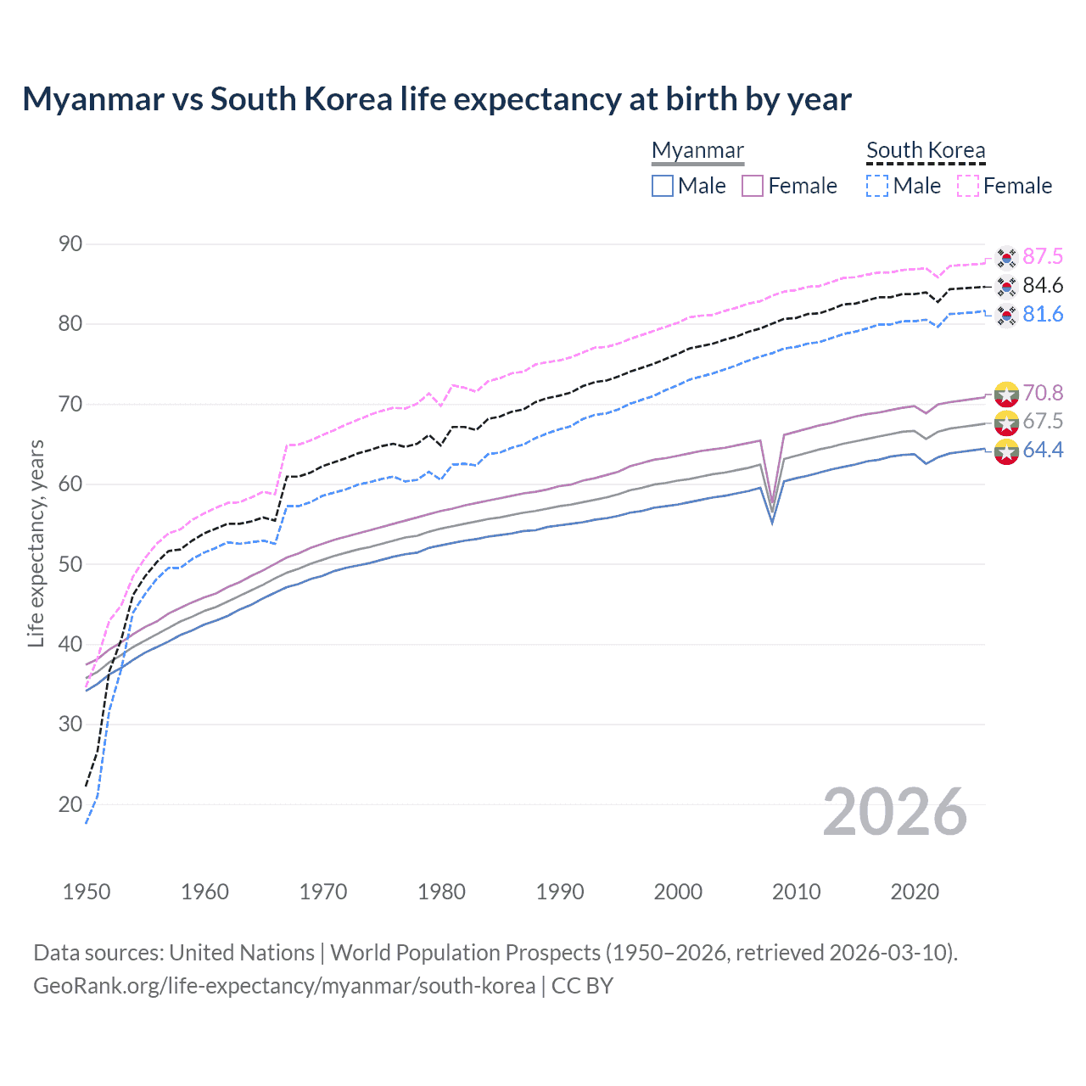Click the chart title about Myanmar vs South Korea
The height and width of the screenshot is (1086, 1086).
click(x=436, y=99)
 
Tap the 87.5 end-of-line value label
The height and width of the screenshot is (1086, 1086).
click(x=1043, y=256)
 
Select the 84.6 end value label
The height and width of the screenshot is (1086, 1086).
click(x=1043, y=285)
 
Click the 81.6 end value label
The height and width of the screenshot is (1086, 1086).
click(x=1043, y=314)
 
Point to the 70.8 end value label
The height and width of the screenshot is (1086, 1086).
click(x=1043, y=392)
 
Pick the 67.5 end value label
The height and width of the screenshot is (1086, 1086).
click(x=1043, y=421)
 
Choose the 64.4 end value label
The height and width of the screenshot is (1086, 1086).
click(x=1043, y=450)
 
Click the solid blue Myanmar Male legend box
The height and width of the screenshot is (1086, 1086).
click(x=663, y=186)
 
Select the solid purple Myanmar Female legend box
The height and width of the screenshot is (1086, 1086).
click(x=753, y=186)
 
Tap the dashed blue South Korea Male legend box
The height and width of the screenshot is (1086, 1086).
click(x=877, y=186)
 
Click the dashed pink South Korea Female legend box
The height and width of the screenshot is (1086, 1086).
click(x=968, y=186)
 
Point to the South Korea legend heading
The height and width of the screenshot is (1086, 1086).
click(x=926, y=150)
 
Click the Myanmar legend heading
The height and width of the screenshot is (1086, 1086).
click(x=697, y=150)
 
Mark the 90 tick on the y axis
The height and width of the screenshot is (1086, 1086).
click(x=70, y=244)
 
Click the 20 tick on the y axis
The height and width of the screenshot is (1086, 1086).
click(x=70, y=804)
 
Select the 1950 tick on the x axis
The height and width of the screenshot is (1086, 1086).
click(x=87, y=892)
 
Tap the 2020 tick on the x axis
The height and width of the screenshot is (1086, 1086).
click(x=915, y=892)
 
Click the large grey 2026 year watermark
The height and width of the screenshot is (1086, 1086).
click(x=895, y=812)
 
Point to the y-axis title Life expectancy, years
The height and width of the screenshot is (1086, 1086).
click(x=36, y=543)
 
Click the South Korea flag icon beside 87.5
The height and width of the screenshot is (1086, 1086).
click(x=1006, y=256)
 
